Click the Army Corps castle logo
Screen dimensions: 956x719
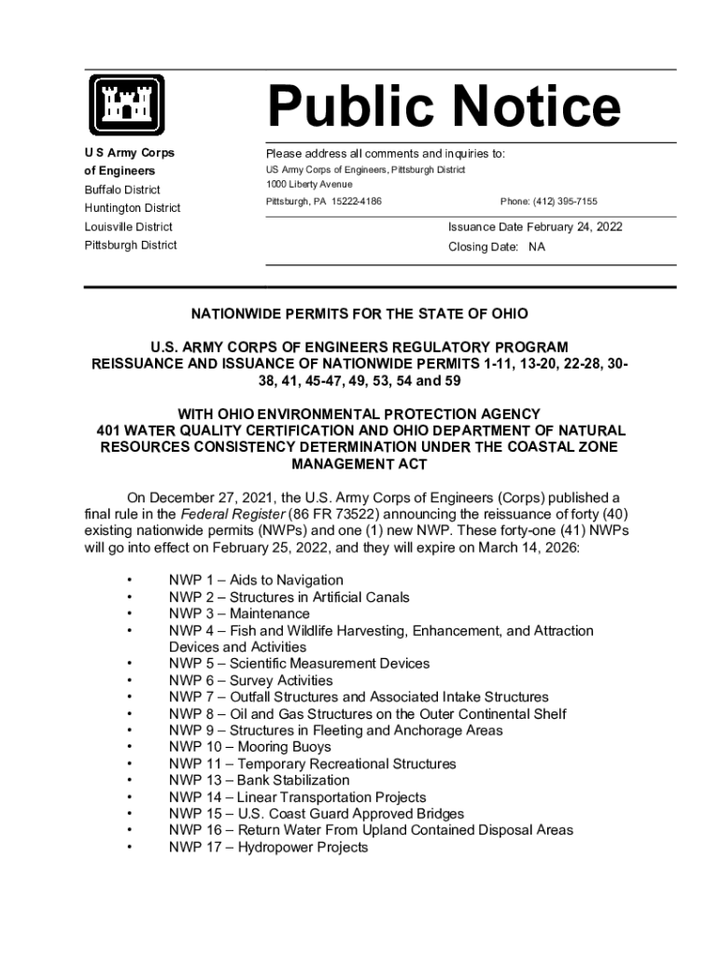pos(127,104)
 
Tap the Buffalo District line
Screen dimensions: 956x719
pos(122,190)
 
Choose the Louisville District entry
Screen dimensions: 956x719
pos(128,227)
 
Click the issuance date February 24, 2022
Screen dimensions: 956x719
pos(574,227)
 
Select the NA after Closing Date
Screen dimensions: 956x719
pos(536,247)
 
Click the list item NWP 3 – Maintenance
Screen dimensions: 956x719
pos(239,613)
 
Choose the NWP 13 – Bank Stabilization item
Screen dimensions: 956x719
pos(259,780)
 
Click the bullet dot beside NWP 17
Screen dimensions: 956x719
pos(129,848)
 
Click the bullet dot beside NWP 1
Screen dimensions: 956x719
pos(129,581)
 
